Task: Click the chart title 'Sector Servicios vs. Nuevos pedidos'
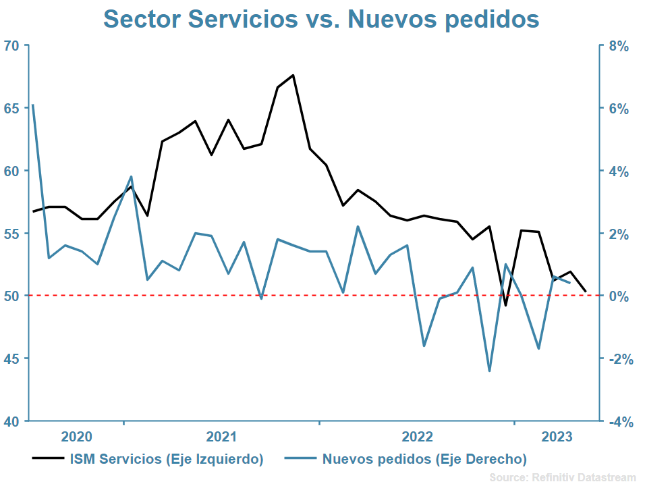click(x=321, y=19)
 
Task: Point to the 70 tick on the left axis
click(x=12, y=46)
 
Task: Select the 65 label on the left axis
click(x=12, y=108)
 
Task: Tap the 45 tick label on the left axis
click(x=12, y=358)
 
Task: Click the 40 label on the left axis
click(x=12, y=421)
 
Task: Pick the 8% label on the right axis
click(x=618, y=46)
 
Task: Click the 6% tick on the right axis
click(x=618, y=109)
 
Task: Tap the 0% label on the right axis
click(x=618, y=296)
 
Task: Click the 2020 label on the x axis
click(x=76, y=436)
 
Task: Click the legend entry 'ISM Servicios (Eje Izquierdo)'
click(x=166, y=460)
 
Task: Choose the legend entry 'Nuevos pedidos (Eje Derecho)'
click(x=424, y=460)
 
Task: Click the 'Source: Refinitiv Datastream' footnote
click(x=562, y=477)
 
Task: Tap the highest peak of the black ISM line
click(x=293, y=75)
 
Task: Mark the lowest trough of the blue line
click(x=489, y=371)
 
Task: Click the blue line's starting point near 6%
click(x=33, y=105)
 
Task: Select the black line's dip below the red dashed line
click(x=505, y=305)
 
